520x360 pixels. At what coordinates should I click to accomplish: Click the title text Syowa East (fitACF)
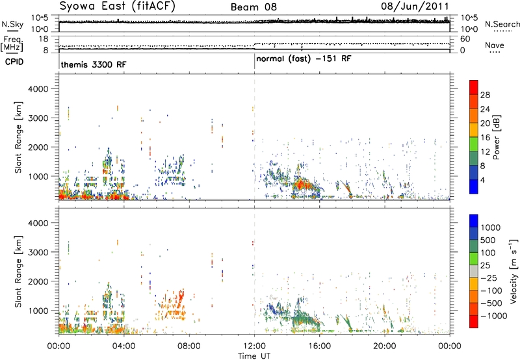[x=118, y=6]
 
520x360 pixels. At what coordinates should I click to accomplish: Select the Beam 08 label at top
[x=253, y=7]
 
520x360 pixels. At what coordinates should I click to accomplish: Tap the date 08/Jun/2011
[x=415, y=6]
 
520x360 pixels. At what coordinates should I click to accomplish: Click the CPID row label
[x=14, y=62]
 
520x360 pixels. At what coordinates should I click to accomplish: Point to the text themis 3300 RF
[x=93, y=64]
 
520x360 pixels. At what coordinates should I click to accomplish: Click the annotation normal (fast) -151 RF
[x=304, y=59]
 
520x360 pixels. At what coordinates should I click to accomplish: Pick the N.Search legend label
[x=502, y=24]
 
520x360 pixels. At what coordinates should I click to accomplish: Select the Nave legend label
[x=495, y=45]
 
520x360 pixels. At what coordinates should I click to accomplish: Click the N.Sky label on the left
[x=12, y=24]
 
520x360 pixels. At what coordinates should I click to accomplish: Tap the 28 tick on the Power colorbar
[x=485, y=95]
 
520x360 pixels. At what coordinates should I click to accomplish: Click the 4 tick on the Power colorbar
[x=482, y=181]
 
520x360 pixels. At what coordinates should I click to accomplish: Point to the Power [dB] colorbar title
[x=496, y=137]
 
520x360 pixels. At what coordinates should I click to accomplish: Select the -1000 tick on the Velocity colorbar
[x=494, y=316]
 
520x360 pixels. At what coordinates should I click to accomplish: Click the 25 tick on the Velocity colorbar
[x=485, y=266]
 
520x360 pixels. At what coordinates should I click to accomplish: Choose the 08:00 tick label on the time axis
[x=189, y=346]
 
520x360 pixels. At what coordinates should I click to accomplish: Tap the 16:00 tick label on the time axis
[x=319, y=346]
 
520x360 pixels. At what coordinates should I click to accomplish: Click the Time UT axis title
[x=254, y=356]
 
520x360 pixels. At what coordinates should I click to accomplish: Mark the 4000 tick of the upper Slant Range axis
[x=38, y=89]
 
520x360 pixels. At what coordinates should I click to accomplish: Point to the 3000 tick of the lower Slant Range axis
[x=38, y=252]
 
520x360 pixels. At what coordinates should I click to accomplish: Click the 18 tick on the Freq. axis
[x=44, y=39]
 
